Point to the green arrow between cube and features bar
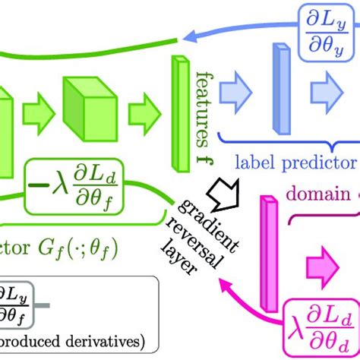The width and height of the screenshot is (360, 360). [142, 114]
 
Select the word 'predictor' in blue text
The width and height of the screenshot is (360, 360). [319, 162]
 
